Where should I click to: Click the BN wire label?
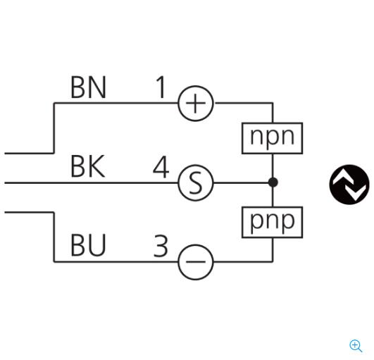click(x=88, y=87)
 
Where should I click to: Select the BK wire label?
click(x=88, y=166)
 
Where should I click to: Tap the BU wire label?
click(x=88, y=245)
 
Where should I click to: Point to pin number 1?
click(x=161, y=87)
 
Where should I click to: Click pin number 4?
click(x=161, y=167)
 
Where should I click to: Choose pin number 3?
click(x=161, y=246)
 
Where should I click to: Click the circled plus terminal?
click(x=196, y=104)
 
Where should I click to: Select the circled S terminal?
click(x=196, y=182)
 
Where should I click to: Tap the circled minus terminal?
click(x=196, y=262)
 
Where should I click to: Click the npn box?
click(x=273, y=138)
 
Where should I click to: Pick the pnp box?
click(x=273, y=223)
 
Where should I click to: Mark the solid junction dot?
click(x=273, y=182)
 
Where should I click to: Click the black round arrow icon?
click(x=349, y=185)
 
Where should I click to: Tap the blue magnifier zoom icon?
click(x=356, y=346)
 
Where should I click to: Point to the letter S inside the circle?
click(x=196, y=183)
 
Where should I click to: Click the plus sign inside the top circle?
click(x=196, y=104)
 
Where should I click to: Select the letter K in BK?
click(x=96, y=166)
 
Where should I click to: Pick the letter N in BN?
click(x=96, y=87)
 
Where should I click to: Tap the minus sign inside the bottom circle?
click(x=196, y=262)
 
